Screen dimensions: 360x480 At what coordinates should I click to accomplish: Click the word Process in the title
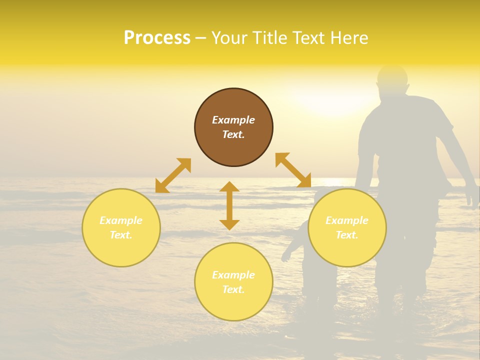(x=157, y=38)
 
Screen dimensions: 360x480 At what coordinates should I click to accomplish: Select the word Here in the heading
(x=349, y=38)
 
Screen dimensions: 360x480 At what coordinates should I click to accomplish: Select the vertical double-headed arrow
(x=229, y=205)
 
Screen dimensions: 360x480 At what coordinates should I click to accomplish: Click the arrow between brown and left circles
(x=173, y=175)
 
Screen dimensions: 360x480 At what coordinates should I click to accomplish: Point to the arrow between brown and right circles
(x=293, y=170)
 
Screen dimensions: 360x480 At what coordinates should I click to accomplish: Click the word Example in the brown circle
(x=233, y=120)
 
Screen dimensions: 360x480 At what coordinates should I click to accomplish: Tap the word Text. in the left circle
(x=121, y=235)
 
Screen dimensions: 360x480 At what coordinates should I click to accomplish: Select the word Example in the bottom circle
(x=233, y=275)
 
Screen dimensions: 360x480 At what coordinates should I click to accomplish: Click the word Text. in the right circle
(x=347, y=235)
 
